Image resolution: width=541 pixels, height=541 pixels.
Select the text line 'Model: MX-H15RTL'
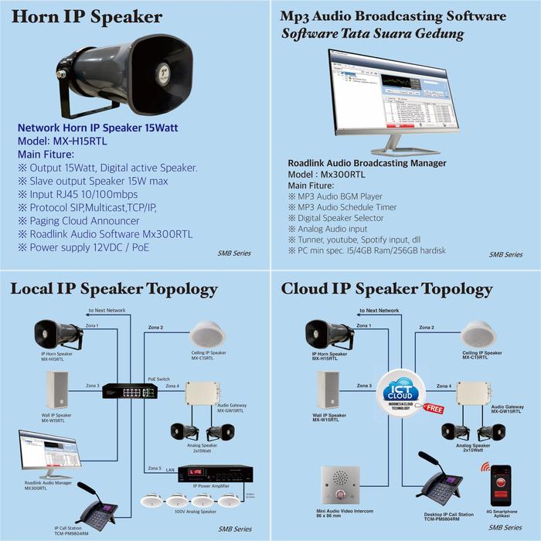pyautogui.click(x=65, y=141)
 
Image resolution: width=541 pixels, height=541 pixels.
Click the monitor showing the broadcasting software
pyautogui.click(x=394, y=93)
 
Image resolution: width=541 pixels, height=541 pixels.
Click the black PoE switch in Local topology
pyautogui.click(x=130, y=390)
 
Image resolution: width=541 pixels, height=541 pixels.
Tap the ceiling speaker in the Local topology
pyautogui.click(x=208, y=335)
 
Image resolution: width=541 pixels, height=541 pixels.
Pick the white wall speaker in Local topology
pyautogui.click(x=57, y=390)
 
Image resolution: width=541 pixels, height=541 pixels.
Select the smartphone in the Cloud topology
pyautogui.click(x=502, y=483)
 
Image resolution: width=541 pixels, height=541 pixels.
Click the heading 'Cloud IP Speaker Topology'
pyautogui.click(x=386, y=290)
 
